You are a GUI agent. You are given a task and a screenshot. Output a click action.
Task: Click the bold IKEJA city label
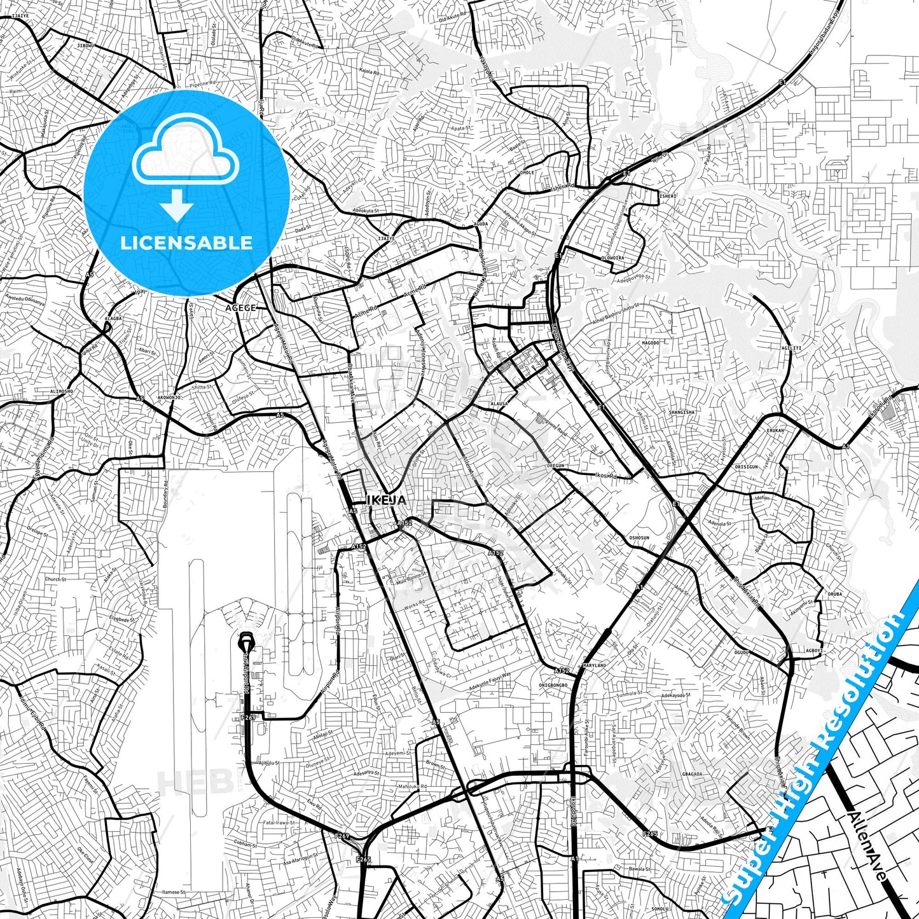(386, 501)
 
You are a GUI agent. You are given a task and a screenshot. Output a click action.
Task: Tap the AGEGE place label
(241, 308)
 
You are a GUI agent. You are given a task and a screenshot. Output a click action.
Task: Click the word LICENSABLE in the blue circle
(186, 242)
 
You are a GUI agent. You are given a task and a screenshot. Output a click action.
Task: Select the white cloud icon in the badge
(185, 153)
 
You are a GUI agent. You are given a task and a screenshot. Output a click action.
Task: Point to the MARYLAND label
(594, 665)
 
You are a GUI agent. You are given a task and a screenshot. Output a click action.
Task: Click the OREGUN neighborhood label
(555, 466)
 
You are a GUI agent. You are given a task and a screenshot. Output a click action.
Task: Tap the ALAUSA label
(498, 404)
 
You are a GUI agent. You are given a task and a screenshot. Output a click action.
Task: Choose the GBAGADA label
(691, 775)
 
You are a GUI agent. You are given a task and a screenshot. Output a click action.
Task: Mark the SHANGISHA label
(682, 412)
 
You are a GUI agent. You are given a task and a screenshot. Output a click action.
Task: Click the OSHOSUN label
(639, 537)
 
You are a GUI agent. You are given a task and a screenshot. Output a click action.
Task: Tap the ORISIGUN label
(746, 466)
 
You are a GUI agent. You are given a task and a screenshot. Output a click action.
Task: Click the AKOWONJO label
(169, 397)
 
